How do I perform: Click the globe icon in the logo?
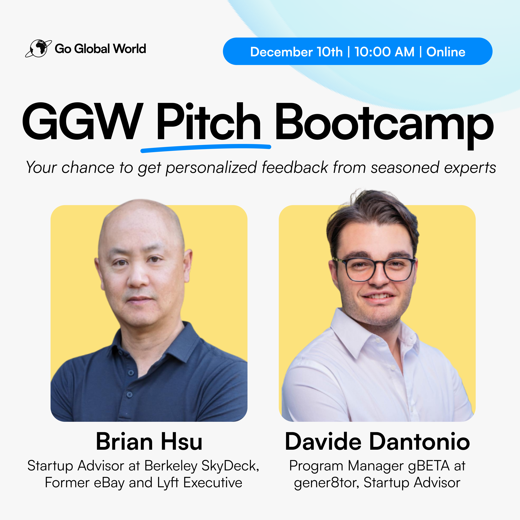pyautogui.click(x=39, y=48)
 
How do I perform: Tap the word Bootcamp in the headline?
pyautogui.click(x=384, y=125)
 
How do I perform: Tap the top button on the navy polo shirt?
pyautogui.click(x=131, y=373)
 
